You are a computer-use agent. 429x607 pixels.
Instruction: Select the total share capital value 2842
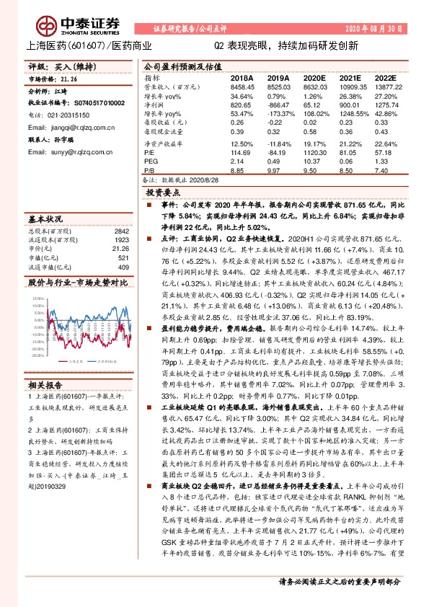pyautogui.click(x=123, y=230)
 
